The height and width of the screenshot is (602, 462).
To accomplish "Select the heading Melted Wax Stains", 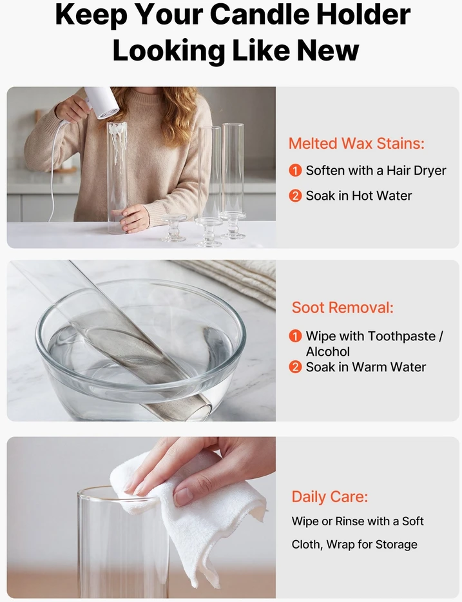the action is [356, 143].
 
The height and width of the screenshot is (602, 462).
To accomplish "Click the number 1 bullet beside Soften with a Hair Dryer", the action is [295, 170].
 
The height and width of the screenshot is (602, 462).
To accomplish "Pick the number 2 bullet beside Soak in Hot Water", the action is [295, 196].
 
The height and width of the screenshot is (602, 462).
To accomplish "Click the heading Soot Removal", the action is [342, 307].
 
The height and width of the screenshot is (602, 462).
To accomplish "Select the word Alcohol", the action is [327, 352].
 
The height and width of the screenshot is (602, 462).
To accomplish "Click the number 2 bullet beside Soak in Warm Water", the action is [295, 367].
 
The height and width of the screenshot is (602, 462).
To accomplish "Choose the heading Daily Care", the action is [330, 497].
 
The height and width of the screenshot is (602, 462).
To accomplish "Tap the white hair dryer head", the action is [103, 103].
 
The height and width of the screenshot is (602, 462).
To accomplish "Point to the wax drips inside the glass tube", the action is [117, 136].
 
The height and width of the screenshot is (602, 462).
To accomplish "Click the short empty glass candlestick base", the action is [174, 228].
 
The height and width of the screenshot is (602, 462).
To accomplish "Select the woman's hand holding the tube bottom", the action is [134, 218].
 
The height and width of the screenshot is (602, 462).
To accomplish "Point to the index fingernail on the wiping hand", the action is [184, 496].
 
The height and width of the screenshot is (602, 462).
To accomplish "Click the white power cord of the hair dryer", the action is [55, 169].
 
